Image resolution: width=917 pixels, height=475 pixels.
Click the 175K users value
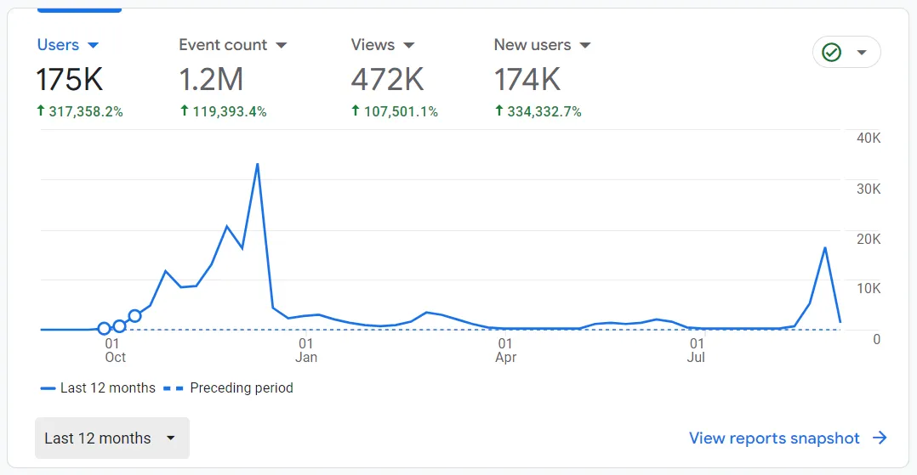70,80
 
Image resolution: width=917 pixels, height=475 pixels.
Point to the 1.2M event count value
211,80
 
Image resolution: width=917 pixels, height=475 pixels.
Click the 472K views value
387,80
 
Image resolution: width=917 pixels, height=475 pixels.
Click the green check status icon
832,53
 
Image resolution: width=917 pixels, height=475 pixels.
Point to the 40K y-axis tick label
869,139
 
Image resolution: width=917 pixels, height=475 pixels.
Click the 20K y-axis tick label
869,239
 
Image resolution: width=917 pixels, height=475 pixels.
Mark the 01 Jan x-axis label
306,350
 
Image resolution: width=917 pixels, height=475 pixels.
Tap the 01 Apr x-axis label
506,350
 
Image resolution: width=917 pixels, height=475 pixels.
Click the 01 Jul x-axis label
697,350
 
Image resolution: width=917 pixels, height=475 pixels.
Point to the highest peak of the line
257,164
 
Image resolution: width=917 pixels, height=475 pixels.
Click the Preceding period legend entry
241,388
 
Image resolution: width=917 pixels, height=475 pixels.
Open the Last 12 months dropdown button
111,438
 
